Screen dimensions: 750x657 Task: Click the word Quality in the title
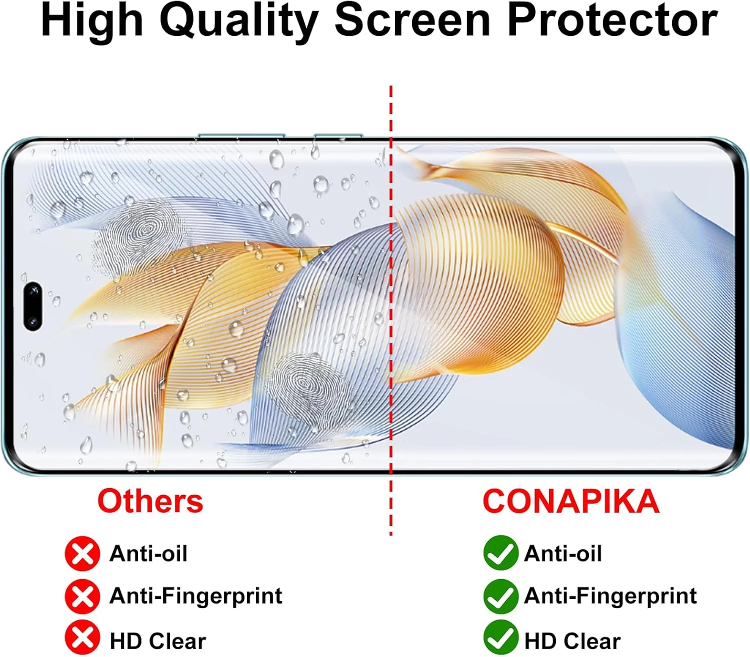[x=239, y=22]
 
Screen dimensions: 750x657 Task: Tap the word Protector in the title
[x=612, y=20]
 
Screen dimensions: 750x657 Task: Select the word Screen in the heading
[x=413, y=20]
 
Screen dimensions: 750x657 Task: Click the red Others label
[x=150, y=502]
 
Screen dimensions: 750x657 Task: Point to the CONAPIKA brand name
[x=571, y=502]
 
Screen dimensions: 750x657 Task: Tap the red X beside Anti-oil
[x=82, y=554]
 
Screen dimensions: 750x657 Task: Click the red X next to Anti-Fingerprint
[x=82, y=597]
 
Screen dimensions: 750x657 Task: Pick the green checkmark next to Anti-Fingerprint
[x=501, y=597]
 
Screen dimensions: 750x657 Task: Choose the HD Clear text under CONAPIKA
[x=572, y=641]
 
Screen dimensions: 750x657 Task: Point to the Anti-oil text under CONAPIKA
[x=563, y=554]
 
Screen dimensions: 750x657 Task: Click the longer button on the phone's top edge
[x=241, y=135]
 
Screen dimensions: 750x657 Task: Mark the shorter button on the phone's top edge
[x=338, y=135]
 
